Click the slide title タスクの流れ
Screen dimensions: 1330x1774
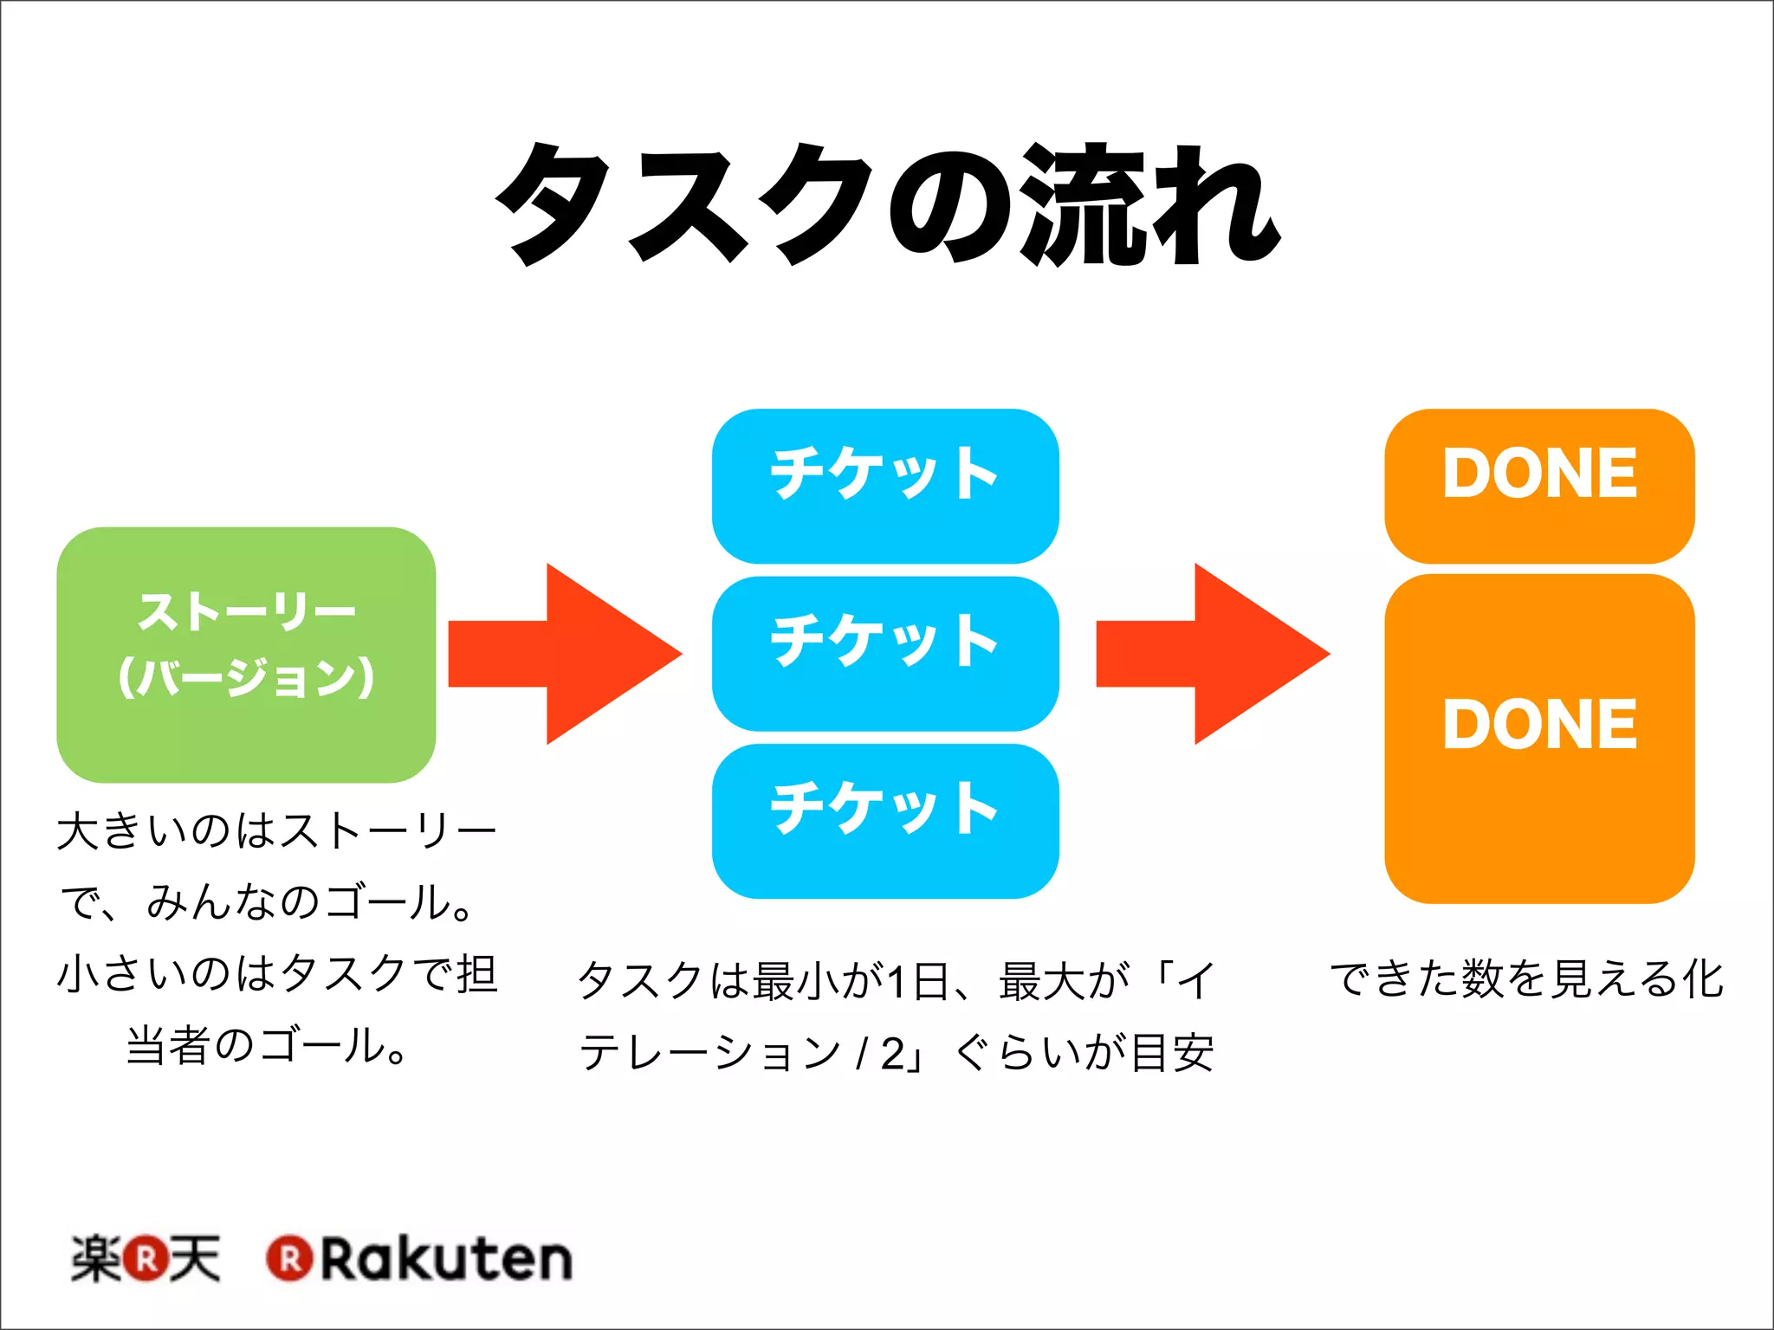[x=887, y=204]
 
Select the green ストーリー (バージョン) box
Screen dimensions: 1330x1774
[x=246, y=655]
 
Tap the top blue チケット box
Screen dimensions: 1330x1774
[x=885, y=486]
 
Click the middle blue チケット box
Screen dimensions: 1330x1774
[x=885, y=653]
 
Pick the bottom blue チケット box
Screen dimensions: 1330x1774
[x=885, y=820]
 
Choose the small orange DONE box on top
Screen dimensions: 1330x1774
[x=1539, y=486]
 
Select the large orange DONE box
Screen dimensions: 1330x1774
[x=1539, y=739]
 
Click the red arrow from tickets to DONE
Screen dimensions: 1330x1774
[x=1213, y=654]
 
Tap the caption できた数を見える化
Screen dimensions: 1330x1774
[x=1527, y=978]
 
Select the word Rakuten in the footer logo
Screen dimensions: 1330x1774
[x=447, y=1259]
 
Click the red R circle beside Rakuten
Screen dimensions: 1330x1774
[x=290, y=1259]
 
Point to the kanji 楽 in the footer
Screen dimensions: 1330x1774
[x=95, y=1259]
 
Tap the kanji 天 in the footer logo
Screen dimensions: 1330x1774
[x=195, y=1259]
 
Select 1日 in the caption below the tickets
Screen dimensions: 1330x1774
[x=918, y=981]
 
